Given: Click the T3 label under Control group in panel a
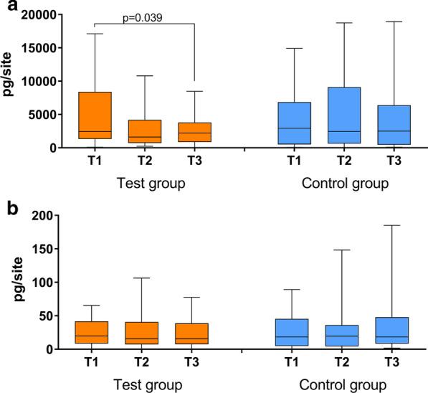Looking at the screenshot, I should [x=376, y=161].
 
